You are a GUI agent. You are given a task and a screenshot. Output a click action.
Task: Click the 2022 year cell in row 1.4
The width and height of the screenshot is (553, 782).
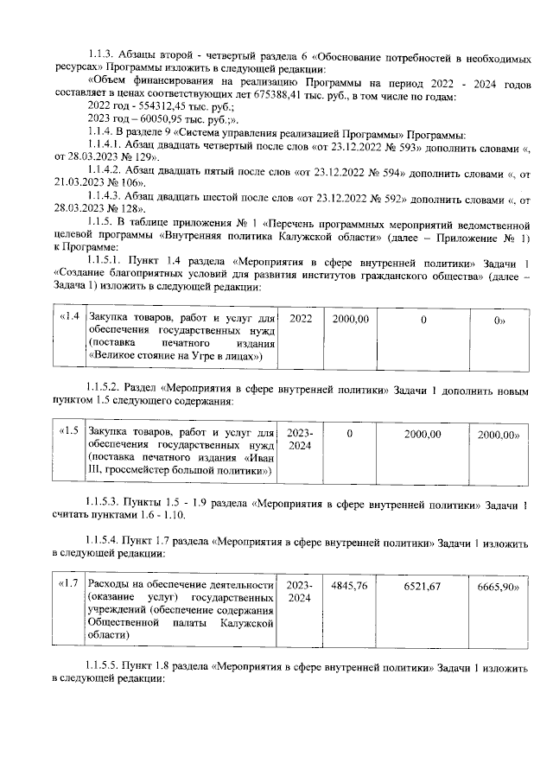point(301,319)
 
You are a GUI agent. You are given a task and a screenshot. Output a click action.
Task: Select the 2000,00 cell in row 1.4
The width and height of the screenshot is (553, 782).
point(351,319)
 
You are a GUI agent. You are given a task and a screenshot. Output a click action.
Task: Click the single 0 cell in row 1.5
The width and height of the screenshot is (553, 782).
point(350,431)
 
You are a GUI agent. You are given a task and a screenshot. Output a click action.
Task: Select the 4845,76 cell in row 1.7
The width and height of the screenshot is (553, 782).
point(350,586)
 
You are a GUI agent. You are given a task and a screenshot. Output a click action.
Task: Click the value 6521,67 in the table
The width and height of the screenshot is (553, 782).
point(423,587)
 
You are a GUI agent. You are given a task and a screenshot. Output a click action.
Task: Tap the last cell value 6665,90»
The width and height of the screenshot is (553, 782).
point(498,587)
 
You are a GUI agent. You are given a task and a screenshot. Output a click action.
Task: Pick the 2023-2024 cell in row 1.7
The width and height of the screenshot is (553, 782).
point(300,592)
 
